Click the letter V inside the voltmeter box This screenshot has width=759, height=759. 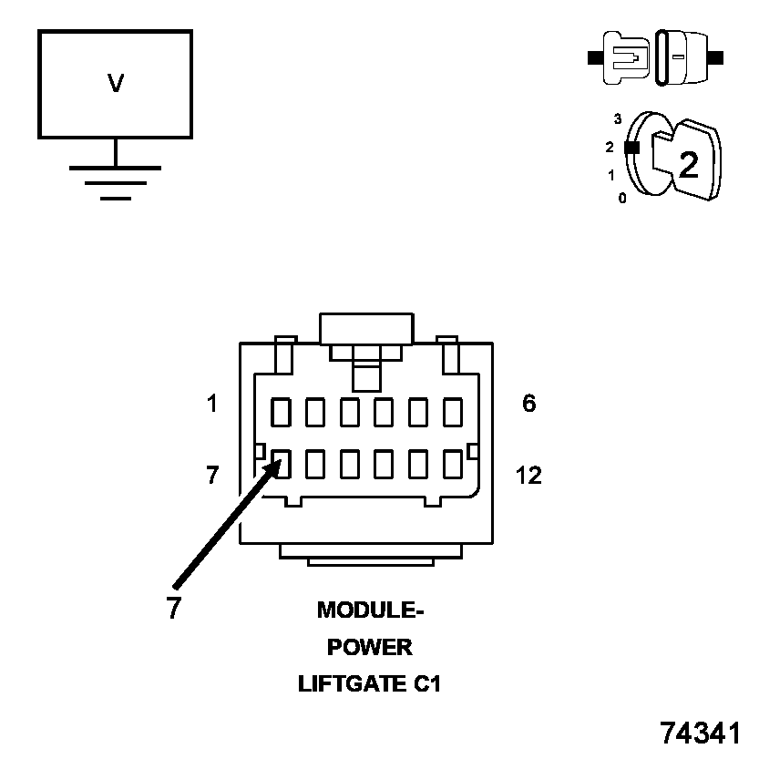pos(116,84)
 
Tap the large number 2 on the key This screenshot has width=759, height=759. pos(688,164)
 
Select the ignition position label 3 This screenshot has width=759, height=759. pos(618,118)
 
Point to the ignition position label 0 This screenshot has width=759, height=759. pos(622,198)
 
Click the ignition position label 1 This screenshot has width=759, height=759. pos(611,174)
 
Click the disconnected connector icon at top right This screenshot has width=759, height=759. pos(656,57)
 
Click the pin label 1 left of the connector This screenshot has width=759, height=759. pos(212,404)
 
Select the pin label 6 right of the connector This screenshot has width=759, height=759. pos(529,404)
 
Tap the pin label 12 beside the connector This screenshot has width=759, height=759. pos(528,475)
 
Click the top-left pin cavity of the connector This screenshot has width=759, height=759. pos(282,412)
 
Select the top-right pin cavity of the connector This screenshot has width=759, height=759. pos(453,412)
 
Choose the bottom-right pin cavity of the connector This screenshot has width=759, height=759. pos(453,465)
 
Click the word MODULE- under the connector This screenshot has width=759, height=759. pos(371,610)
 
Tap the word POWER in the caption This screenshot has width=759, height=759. pos(370,647)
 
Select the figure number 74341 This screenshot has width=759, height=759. pos(700,733)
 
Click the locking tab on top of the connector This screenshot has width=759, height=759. pos(366,329)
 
